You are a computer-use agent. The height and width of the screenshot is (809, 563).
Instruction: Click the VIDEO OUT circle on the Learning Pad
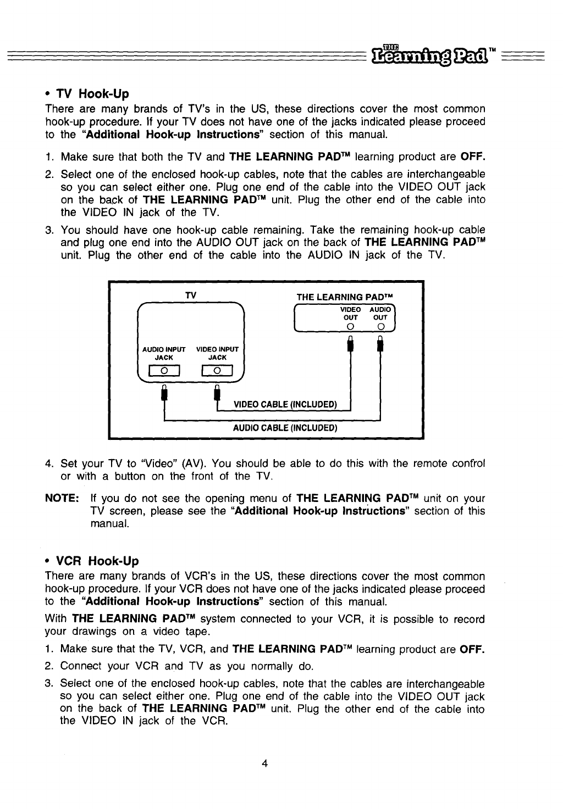[351, 328]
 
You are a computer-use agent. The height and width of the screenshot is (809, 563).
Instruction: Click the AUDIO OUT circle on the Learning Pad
[380, 328]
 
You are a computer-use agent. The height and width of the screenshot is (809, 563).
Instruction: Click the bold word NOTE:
[62, 499]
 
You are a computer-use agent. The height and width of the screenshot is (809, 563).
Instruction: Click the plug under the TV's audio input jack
[163, 393]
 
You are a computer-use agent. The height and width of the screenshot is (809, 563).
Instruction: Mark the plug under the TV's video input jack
[217, 393]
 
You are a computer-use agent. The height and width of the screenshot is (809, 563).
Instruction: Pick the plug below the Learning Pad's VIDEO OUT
[351, 346]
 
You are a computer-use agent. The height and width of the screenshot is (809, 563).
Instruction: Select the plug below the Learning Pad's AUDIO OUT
[380, 346]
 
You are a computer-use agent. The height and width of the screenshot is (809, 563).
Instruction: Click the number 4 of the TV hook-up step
[48, 463]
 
